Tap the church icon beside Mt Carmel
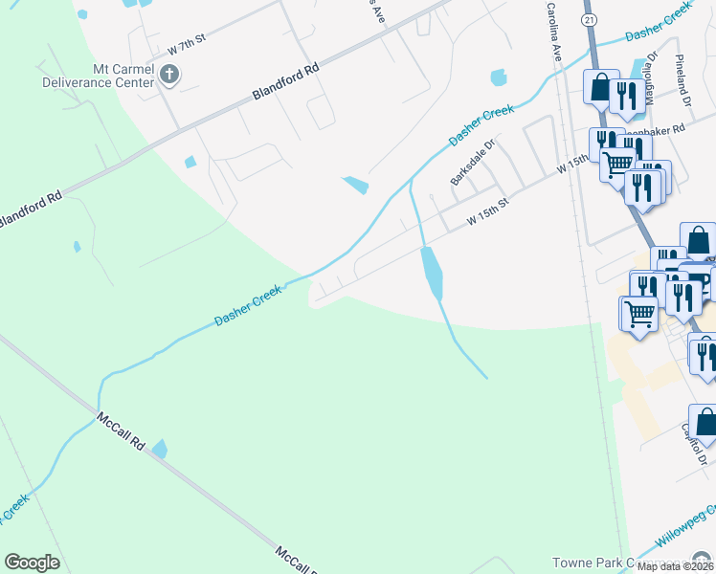pyautogui.click(x=169, y=75)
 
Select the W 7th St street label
pyautogui.click(x=188, y=46)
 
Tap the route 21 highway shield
pyautogui.click(x=591, y=19)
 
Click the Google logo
pyautogui.click(x=32, y=563)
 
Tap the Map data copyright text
pyautogui.click(x=676, y=566)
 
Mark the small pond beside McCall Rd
pyautogui.click(x=159, y=448)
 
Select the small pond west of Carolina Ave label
pyautogui.click(x=498, y=77)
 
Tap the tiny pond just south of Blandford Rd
pyautogui.click(x=189, y=162)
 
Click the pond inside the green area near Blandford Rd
pyautogui.click(x=77, y=246)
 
